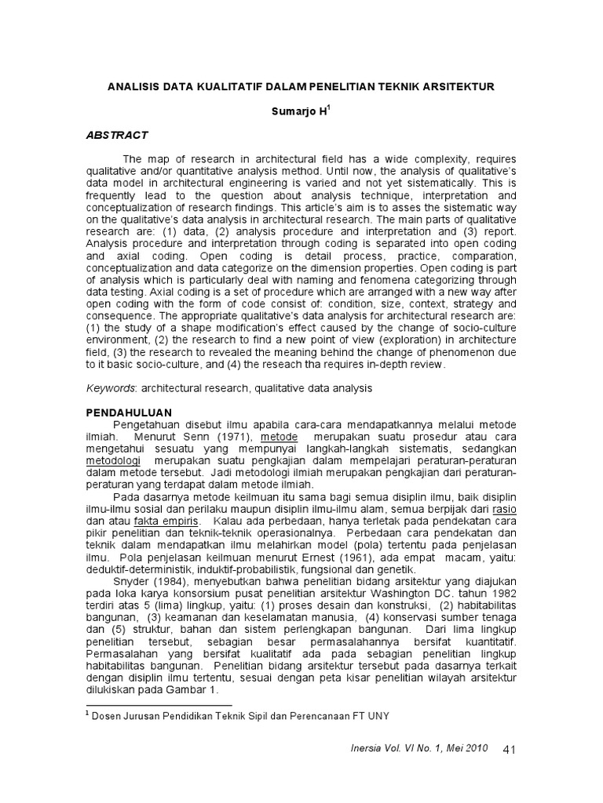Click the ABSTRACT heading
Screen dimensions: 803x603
(116, 136)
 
